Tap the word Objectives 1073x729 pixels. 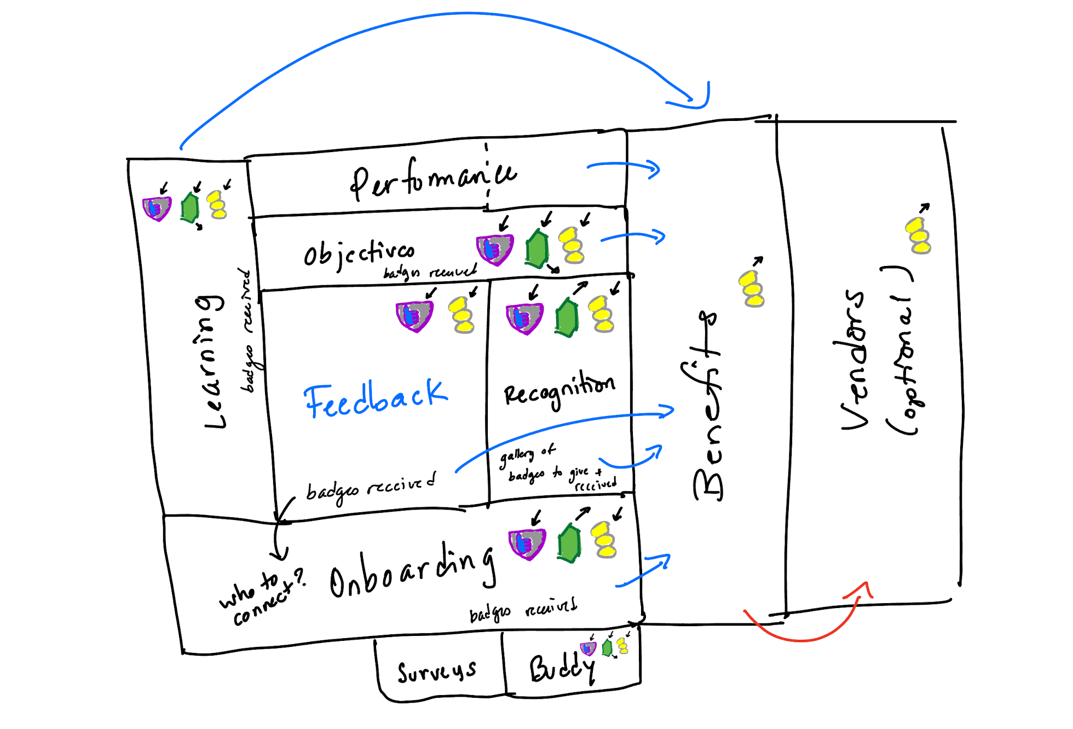[359, 253]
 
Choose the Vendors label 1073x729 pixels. [854, 361]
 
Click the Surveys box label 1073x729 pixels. [436, 672]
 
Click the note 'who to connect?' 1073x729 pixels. [263, 597]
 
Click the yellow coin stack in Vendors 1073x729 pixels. [918, 235]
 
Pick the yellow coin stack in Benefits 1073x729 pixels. [752, 289]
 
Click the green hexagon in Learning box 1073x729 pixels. [190, 207]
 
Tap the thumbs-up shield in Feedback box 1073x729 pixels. [414, 316]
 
